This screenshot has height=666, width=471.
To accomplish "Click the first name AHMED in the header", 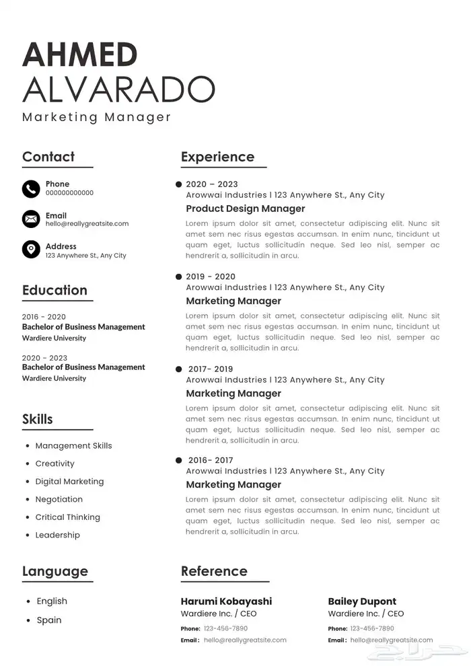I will pyautogui.click(x=79, y=54).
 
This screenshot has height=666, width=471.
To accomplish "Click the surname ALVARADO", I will pyautogui.click(x=118, y=89).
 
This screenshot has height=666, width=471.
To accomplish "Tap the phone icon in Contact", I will pyautogui.click(x=31, y=189).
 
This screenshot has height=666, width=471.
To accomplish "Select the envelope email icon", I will pyautogui.click(x=31, y=219).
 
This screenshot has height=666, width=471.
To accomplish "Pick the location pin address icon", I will pyautogui.click(x=31, y=250).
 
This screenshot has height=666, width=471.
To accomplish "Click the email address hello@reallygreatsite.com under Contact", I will pyautogui.click(x=87, y=223).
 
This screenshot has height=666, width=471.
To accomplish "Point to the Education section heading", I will pyautogui.click(x=55, y=291).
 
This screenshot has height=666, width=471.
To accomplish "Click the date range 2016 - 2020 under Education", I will pyautogui.click(x=44, y=317).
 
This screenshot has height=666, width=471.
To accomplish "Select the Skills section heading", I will pyautogui.click(x=38, y=419).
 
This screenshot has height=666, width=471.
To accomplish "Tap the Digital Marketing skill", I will pyautogui.click(x=69, y=482).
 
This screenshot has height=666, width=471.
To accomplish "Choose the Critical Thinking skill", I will pyautogui.click(x=67, y=517).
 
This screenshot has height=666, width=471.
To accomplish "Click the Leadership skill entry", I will pyautogui.click(x=57, y=535).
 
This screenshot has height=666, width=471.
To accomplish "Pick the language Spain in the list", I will pyautogui.click(x=49, y=620).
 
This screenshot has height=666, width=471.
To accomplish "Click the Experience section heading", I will pyautogui.click(x=217, y=157).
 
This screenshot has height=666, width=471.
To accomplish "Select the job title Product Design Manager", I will pyautogui.click(x=246, y=209).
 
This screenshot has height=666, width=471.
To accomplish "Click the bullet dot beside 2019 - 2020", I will pyautogui.click(x=178, y=276).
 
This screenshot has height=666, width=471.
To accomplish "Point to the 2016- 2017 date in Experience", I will pyautogui.click(x=211, y=461).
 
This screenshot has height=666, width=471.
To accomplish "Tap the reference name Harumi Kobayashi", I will pyautogui.click(x=226, y=601).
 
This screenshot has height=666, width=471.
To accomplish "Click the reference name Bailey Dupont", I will pyautogui.click(x=362, y=601).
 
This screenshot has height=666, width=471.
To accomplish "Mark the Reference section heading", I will pyautogui.click(x=214, y=572).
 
